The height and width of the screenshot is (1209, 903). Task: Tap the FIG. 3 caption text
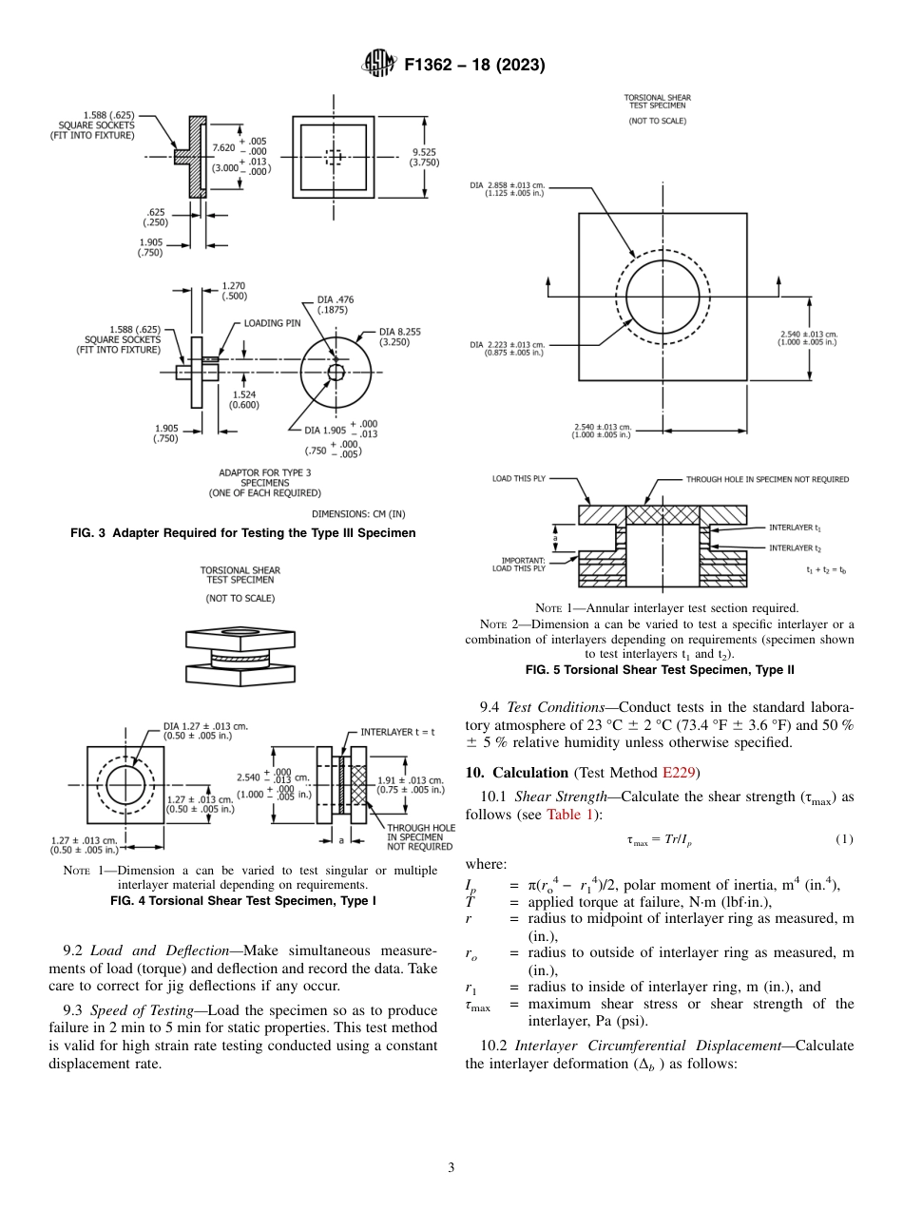(x=242, y=533)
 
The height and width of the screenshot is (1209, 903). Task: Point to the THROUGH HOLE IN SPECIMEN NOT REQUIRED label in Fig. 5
(x=767, y=480)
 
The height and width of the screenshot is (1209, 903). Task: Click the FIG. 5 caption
(x=660, y=670)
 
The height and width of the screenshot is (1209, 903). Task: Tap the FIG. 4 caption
(x=242, y=900)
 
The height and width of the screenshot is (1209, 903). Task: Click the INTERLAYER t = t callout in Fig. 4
(x=399, y=732)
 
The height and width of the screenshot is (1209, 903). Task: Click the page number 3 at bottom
(x=451, y=1167)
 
